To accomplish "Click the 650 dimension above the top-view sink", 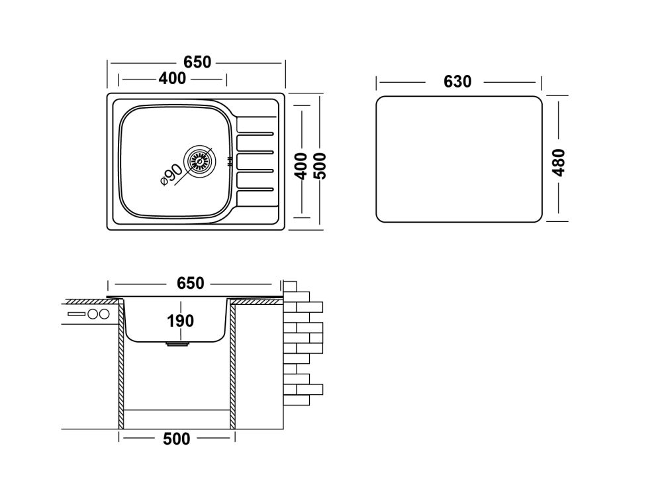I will (x=197, y=62).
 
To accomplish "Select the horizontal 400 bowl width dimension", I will (x=172, y=79).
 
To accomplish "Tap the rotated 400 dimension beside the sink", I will (x=300, y=166).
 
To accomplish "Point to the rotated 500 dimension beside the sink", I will (x=320, y=166).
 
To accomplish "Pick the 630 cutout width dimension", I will (x=457, y=82).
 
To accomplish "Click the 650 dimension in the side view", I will (x=191, y=284).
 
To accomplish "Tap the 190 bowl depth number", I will (x=179, y=321).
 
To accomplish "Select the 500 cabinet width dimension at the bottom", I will (x=176, y=439).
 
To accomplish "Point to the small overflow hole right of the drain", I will (x=229, y=160).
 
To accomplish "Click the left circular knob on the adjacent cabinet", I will (x=93, y=314).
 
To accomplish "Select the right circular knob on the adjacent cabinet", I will (x=104, y=314).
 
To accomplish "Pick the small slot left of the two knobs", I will (x=76, y=314).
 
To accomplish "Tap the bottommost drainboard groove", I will (x=254, y=188).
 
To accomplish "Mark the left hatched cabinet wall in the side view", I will (x=122, y=371).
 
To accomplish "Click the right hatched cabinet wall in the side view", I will (x=232, y=371).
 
